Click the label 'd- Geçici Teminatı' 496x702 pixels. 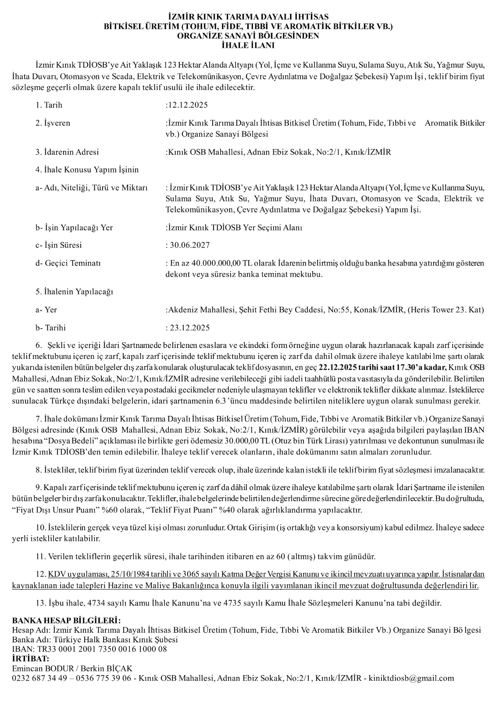tap(68, 264)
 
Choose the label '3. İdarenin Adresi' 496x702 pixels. tap(67, 152)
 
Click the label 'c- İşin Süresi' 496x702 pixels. tap(59, 245)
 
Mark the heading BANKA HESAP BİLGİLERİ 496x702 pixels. tap(66, 621)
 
